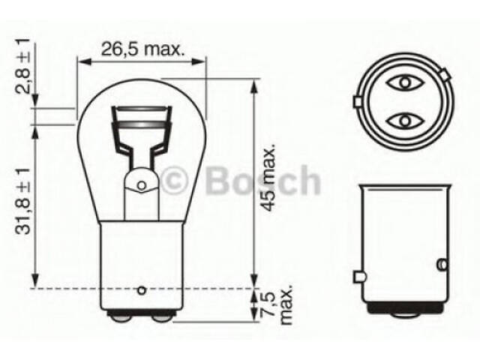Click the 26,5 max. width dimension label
coord(142,50)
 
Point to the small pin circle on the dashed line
coord(142,289)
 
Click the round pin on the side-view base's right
coord(439,265)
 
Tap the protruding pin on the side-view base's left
coord(359,277)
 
